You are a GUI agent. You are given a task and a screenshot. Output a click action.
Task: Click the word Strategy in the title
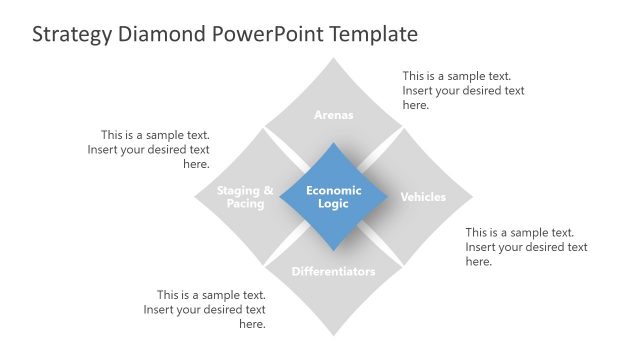tap(73, 35)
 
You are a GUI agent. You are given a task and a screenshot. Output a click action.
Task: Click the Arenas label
tap(334, 115)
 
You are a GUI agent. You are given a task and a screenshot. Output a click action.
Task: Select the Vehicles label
tap(423, 197)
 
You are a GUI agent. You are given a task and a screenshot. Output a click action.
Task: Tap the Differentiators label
tap(334, 272)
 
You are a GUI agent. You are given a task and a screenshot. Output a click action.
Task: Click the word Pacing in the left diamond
tap(245, 204)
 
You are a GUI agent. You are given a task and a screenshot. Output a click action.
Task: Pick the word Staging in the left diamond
tap(239, 190)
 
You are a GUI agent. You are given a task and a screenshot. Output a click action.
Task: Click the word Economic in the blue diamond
tap(334, 190)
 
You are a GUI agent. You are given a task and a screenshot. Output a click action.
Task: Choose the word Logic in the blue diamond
tap(334, 204)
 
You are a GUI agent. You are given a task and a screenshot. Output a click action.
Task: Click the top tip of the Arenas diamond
tap(334, 59)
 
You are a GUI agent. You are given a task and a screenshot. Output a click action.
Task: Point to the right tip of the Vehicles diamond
tap(472, 196)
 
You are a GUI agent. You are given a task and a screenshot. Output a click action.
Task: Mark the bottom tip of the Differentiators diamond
tap(334, 335)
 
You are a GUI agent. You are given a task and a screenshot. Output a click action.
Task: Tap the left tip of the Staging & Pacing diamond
tap(196, 196)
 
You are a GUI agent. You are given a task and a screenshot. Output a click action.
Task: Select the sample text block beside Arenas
tap(463, 90)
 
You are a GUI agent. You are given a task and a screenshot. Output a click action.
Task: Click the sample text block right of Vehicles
tap(526, 247)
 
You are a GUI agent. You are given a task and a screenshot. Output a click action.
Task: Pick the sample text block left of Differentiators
tap(205, 309)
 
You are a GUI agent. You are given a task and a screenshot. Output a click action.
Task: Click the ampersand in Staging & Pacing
tap(267, 190)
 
